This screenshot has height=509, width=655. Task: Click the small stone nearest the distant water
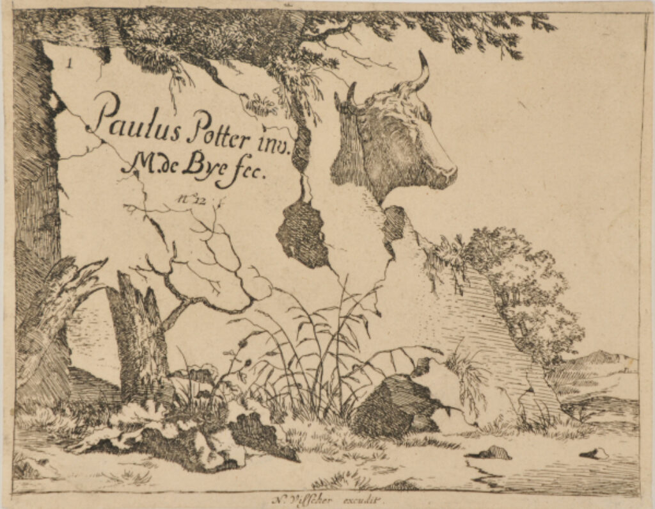click(594, 454)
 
